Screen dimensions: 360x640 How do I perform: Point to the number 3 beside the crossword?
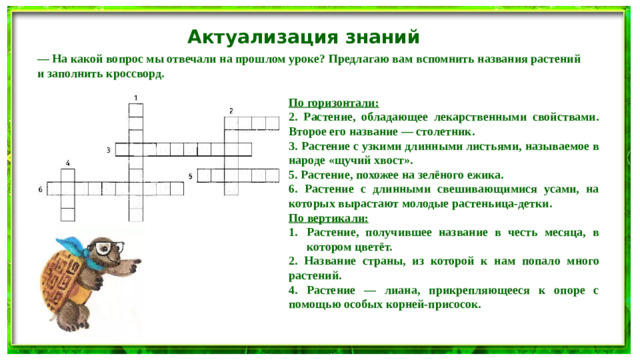coord(108,149)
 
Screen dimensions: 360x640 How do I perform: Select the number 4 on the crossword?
coord(67,161)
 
